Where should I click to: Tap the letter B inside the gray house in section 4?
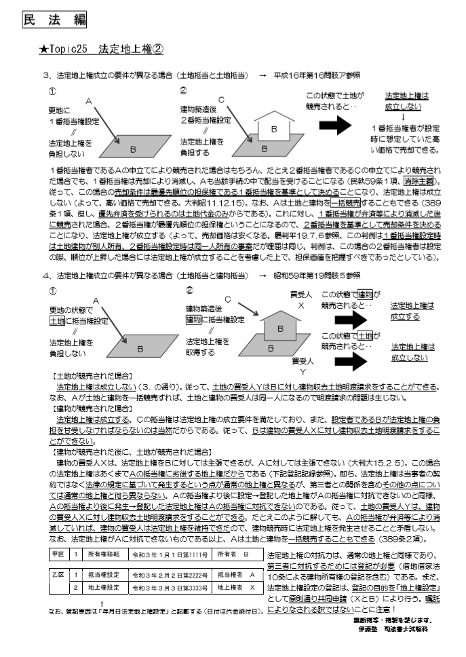tap(273, 327)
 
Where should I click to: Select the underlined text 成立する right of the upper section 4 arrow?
tap(405, 317)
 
